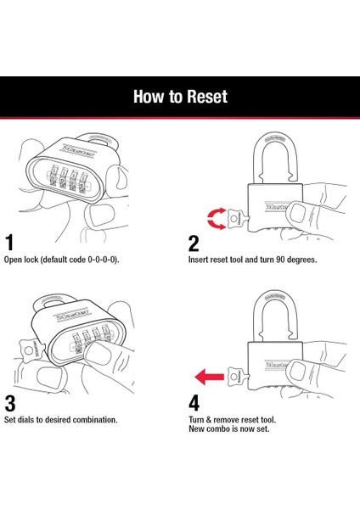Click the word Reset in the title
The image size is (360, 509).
[x=207, y=97]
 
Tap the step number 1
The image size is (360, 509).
[x=9, y=243]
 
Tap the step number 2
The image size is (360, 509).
[x=194, y=243]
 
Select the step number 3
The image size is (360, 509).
[x=10, y=404]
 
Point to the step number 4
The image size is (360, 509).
[x=194, y=403]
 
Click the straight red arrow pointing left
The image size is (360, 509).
[x=209, y=377]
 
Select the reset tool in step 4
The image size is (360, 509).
[x=238, y=377]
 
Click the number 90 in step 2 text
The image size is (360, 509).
[x=281, y=260]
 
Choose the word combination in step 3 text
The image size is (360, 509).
[x=94, y=420]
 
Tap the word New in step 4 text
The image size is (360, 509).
[x=196, y=428]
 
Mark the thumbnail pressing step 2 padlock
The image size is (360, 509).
[x=296, y=213]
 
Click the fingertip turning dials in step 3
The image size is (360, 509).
[x=97, y=355]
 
